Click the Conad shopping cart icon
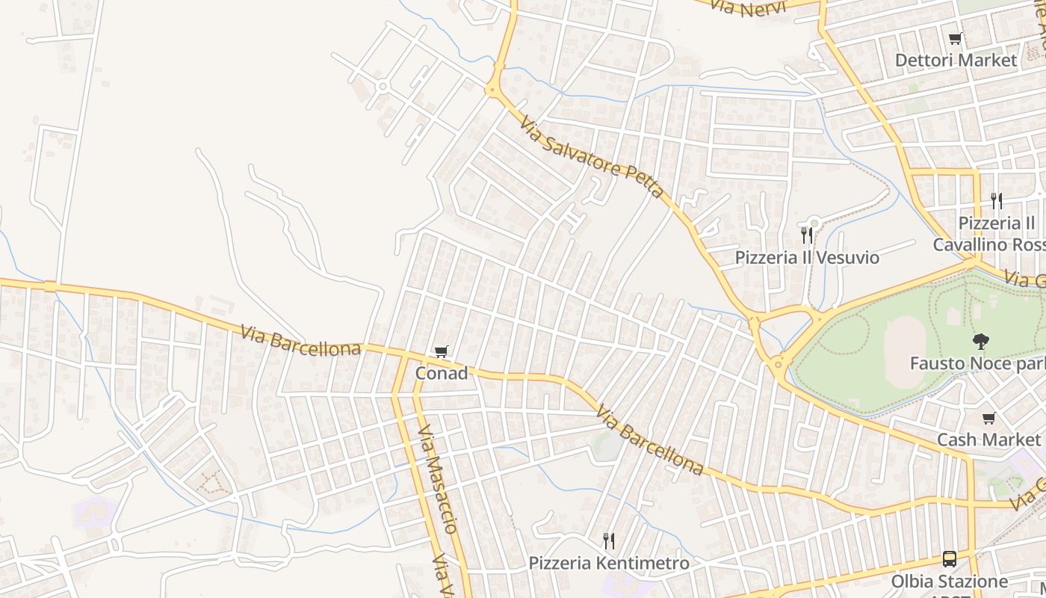click(x=442, y=351)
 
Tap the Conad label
click(x=442, y=373)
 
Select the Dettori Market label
click(x=956, y=60)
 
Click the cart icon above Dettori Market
click(x=955, y=39)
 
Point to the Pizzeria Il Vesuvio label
click(x=807, y=258)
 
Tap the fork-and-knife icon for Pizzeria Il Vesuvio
click(x=807, y=235)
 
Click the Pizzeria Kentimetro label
click(x=609, y=563)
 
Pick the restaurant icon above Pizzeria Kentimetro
click(x=609, y=540)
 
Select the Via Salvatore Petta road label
click(x=591, y=157)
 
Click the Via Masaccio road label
click(x=438, y=479)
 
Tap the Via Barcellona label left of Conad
click(x=300, y=340)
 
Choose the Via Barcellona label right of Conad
click(x=649, y=441)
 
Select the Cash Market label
click(x=988, y=440)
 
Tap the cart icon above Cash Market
click(x=989, y=419)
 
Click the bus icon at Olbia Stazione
click(x=949, y=559)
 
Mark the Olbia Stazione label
click(x=949, y=581)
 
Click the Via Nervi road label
click(x=746, y=8)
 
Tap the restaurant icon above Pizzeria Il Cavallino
click(x=996, y=200)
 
